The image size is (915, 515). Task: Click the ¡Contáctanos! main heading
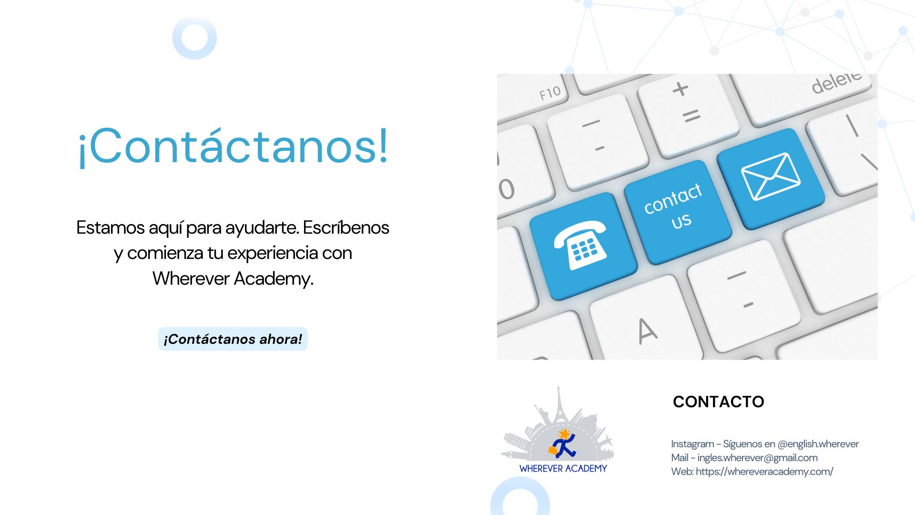point(233,146)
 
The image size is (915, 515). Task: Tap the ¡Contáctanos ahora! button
point(233,339)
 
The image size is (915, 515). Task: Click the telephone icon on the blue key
point(581,245)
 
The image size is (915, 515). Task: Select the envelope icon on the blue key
point(770,176)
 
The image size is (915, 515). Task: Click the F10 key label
point(550,93)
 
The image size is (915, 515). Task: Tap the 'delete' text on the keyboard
point(837,82)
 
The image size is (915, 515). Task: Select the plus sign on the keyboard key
point(681,89)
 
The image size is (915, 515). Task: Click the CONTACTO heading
point(718,402)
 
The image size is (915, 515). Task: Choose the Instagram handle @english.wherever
point(818,444)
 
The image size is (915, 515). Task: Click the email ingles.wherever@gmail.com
point(757,458)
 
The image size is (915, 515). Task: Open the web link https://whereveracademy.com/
point(764,472)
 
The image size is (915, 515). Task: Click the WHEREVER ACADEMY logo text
point(563,469)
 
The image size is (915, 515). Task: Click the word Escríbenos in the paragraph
point(346,227)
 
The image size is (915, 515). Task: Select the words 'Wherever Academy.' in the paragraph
point(233,278)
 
